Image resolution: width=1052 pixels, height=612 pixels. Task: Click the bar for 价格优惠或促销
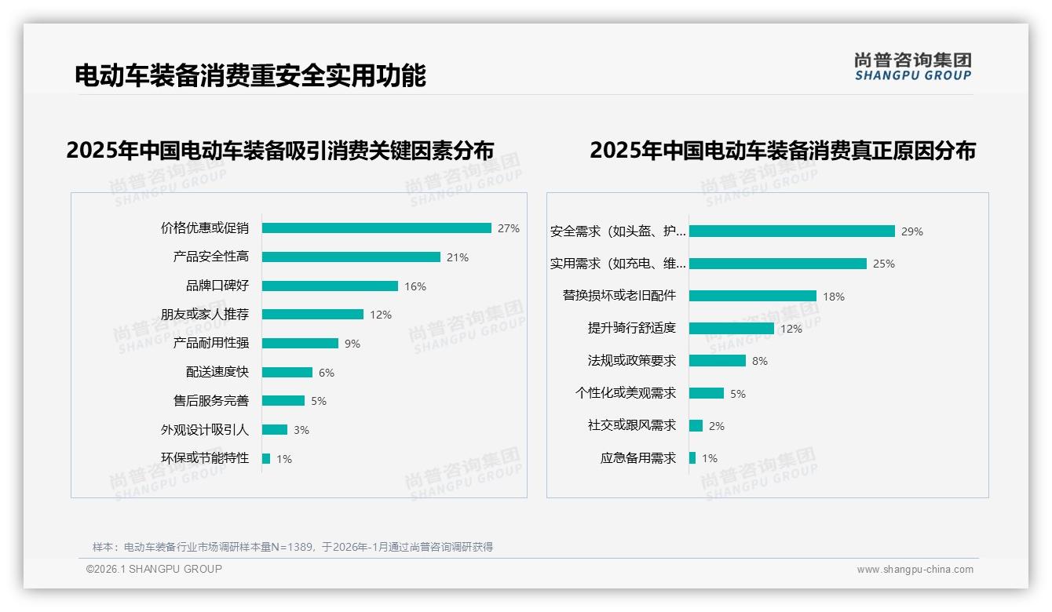point(376,228)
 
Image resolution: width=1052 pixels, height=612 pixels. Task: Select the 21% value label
point(458,257)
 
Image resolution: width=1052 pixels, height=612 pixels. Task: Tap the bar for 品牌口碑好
point(330,286)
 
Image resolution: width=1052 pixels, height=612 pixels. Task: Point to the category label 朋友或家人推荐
point(205,315)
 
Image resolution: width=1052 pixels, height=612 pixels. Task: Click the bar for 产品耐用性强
point(300,344)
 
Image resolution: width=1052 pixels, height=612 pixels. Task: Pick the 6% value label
point(327,373)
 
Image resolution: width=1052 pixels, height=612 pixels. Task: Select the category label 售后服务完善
point(211,401)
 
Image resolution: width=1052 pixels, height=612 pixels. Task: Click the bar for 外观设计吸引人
point(275,430)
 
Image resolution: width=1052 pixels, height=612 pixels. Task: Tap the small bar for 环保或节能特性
point(266,458)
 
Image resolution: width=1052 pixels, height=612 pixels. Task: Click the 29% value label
point(912,231)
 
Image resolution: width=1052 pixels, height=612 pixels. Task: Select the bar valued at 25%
point(778,264)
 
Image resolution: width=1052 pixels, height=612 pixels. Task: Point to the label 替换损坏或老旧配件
point(619,296)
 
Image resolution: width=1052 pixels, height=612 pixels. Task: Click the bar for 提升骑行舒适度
point(732,328)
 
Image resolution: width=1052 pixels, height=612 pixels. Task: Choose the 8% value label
point(760,361)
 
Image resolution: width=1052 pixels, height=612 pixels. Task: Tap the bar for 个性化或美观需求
point(707,393)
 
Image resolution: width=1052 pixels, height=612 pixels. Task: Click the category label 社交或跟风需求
point(632,425)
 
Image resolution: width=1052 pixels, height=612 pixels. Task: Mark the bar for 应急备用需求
point(692,457)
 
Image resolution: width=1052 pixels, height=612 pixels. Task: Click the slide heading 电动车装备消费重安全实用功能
point(250,76)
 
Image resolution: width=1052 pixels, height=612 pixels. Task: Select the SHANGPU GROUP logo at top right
point(913,66)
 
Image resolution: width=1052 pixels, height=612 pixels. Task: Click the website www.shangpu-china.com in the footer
point(915,570)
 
